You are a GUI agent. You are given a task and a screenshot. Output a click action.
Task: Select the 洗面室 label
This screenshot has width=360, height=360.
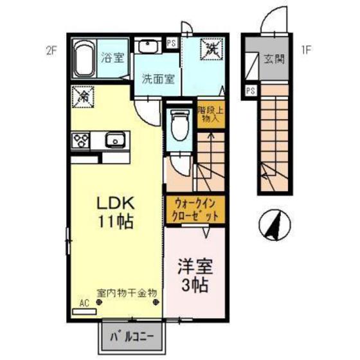click(158, 80)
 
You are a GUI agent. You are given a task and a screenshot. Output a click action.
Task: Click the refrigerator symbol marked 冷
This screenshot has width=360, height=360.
click(83, 98)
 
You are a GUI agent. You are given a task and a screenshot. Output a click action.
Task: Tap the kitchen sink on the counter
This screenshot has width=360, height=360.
click(115, 139)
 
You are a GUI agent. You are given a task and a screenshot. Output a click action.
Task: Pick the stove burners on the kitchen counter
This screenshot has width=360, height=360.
click(83, 139)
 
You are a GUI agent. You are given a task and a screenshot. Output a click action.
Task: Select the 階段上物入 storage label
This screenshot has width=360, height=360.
click(209, 114)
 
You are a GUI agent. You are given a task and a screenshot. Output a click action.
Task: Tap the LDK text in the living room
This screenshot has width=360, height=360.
click(115, 203)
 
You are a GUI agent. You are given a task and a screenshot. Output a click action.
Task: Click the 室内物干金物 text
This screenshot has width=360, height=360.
click(127, 292)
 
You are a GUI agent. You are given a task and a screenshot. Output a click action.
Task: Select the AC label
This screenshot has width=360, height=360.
click(84, 302)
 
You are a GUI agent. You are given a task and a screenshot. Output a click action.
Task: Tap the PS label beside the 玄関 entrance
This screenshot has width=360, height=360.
click(250, 90)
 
